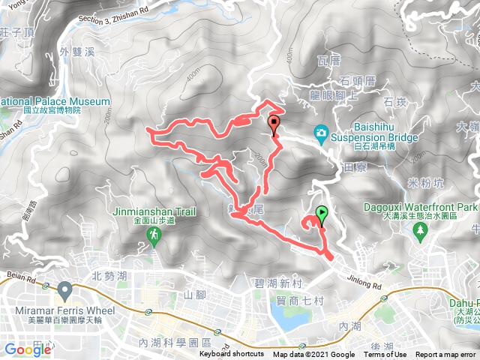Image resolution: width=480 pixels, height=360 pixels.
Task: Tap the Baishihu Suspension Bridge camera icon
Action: (x=322, y=133)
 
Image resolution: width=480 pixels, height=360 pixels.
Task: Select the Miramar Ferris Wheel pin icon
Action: (x=64, y=289)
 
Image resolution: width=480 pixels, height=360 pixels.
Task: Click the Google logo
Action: (x=28, y=349)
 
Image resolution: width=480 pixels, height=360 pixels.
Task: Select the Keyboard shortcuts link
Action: (x=231, y=355)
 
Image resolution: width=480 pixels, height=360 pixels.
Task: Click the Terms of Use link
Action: (x=385, y=355)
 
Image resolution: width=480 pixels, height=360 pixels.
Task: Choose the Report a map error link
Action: (x=446, y=355)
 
